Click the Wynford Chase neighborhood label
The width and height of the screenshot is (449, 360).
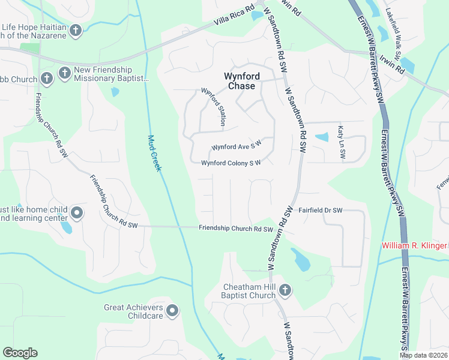pyautogui.click(x=239, y=81)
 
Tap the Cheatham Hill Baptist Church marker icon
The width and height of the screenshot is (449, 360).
pyautogui.click(x=285, y=290)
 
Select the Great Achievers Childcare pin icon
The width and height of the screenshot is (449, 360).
pyautogui.click(x=172, y=310)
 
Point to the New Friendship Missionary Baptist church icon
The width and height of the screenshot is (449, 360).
pyautogui.click(x=64, y=74)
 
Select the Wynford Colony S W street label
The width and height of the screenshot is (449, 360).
pyautogui.click(x=231, y=163)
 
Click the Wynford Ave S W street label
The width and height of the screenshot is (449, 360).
pyautogui.click(x=237, y=147)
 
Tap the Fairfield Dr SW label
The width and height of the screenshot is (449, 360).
pyautogui.click(x=320, y=211)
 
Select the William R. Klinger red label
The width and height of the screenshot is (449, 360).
pyautogui.click(x=415, y=246)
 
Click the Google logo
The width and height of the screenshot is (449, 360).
pyautogui.click(x=20, y=353)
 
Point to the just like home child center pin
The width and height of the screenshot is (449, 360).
pyautogui.click(x=77, y=212)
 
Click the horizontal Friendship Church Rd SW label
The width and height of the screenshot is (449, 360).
pyautogui.click(x=236, y=229)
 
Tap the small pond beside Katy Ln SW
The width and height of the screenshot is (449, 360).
pyautogui.click(x=322, y=137)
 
